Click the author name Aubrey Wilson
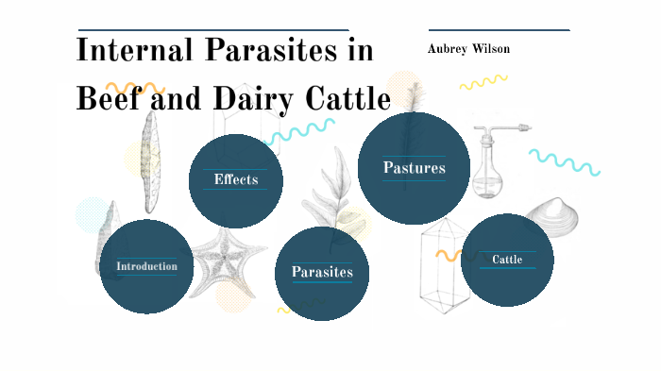469,48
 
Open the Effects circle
236,180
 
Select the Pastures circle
414,168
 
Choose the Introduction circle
146,266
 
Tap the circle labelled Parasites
322,273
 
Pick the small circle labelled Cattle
507,260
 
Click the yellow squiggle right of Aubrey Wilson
483,82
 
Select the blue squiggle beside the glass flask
565,161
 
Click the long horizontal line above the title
212,30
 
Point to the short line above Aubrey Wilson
499,30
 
